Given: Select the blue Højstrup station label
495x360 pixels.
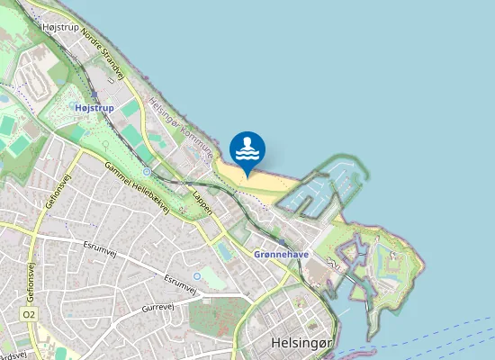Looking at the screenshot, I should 94,107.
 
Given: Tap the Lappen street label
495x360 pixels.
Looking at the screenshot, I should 202,201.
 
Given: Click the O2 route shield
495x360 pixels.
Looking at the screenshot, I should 30,314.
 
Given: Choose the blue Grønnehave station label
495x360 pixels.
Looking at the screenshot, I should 281,255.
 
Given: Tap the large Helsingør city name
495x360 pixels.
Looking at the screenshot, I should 302,343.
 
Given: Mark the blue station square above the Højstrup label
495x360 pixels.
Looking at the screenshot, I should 94,93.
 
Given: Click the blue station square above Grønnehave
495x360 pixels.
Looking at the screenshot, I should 283,242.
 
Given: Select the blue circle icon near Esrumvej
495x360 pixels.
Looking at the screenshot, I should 197,276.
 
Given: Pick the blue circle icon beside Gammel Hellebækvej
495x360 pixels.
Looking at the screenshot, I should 147,172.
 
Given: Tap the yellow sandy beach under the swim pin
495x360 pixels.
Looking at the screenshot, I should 261,184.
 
